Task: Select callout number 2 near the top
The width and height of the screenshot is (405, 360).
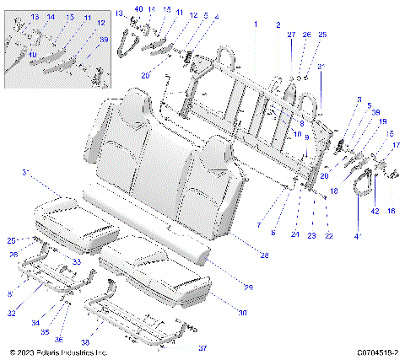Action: pyautogui.click(x=278, y=25)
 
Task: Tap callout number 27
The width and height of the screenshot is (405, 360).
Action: pyautogui.click(x=292, y=35)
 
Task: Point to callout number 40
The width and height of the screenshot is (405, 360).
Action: pyautogui.click(x=138, y=8)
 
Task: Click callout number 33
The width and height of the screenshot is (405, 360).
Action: pyautogui.click(x=77, y=262)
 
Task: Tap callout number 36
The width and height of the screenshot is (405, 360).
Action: pyautogui.click(x=58, y=339)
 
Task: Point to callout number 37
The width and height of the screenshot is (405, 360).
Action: pyautogui.click(x=202, y=347)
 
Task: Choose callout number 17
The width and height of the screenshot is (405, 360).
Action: pyautogui.click(x=394, y=145)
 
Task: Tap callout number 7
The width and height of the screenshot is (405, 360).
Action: pyautogui.click(x=258, y=225)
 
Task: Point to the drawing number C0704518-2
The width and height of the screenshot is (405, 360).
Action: pyautogui.click(x=377, y=352)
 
